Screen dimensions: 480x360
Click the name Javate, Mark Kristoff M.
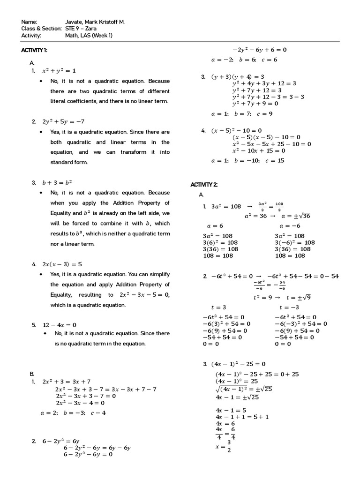tap(95, 22)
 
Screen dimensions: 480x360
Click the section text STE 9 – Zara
tap(81, 29)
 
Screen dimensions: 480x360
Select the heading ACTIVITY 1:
tap(34, 50)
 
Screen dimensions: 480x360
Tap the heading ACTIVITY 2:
tap(204, 184)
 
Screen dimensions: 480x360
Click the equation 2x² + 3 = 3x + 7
tap(67, 382)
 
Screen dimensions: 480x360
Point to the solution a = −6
tap(287, 225)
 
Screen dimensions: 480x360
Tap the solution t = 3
tap(218, 307)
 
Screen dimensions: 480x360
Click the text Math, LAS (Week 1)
tap(89, 35)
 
